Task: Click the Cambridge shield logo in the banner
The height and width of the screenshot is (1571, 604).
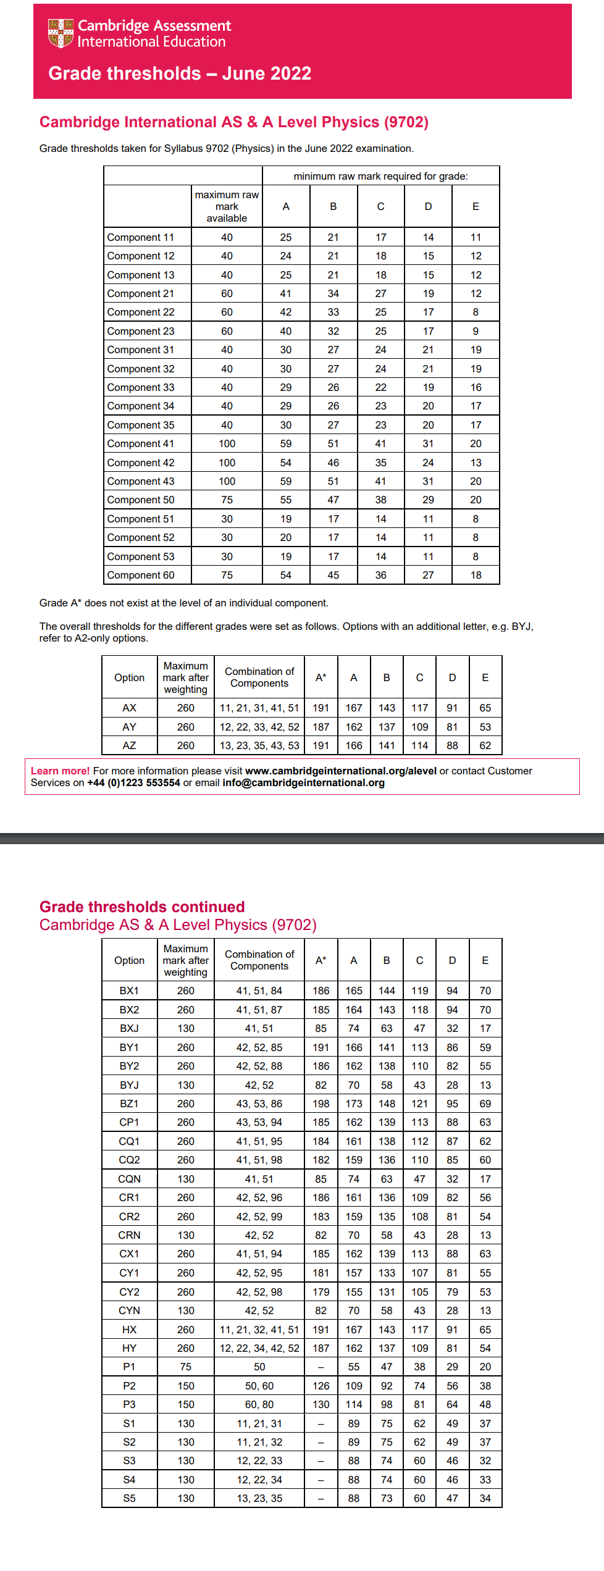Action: click(61, 33)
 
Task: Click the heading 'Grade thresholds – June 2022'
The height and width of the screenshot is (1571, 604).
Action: click(180, 73)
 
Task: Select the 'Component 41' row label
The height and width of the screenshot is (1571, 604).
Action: click(141, 443)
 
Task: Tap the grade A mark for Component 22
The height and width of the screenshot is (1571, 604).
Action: click(286, 312)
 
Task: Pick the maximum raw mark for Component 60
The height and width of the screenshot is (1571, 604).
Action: click(227, 575)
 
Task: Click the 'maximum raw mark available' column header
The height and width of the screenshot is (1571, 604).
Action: click(227, 206)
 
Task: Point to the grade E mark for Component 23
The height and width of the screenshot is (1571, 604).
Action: click(476, 331)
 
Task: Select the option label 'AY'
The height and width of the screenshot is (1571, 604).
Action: click(129, 727)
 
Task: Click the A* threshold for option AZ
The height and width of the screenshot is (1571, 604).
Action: click(321, 745)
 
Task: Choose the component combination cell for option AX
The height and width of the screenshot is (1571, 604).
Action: click(259, 708)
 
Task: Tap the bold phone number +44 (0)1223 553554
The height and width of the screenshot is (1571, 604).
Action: click(134, 782)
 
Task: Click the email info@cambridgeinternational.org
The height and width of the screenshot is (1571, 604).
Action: click(303, 782)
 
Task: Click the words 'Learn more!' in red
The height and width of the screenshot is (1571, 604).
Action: click(61, 771)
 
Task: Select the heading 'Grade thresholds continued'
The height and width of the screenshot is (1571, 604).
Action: click(142, 907)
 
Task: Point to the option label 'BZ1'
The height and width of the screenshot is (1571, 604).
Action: click(129, 1104)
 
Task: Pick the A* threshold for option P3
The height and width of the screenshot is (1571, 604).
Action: click(321, 1404)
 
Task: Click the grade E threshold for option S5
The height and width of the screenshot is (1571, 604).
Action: click(485, 1498)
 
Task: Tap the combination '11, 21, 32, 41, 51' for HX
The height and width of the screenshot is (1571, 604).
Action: click(259, 1330)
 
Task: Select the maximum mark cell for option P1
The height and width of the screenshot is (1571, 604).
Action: click(186, 1367)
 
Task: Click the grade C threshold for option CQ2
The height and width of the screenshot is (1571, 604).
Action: click(420, 1160)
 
